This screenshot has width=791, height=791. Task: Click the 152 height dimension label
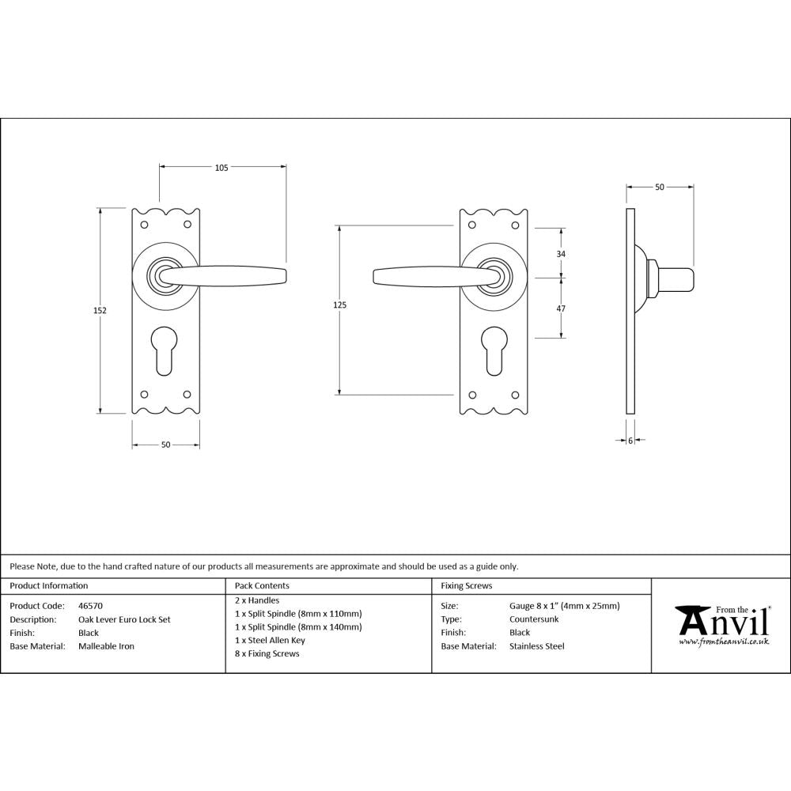100,311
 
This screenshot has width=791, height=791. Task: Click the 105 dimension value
221,168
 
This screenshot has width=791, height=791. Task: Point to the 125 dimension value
340,305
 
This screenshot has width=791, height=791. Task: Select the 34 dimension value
562,254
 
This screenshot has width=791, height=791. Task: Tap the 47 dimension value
562,308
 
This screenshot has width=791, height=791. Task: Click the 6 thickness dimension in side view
630,441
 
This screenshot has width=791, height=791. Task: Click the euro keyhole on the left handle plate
165,348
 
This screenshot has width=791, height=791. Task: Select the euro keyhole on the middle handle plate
494,348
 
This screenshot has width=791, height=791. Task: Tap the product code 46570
91,607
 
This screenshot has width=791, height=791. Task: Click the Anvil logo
721,623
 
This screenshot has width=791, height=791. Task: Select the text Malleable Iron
106,646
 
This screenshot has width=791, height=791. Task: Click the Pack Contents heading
262,586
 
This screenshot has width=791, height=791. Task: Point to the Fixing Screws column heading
467,586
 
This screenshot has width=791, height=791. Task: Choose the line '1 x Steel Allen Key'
270,640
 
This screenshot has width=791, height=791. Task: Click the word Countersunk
534,619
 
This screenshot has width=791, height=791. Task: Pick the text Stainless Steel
537,646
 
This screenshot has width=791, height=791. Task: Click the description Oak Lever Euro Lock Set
124,620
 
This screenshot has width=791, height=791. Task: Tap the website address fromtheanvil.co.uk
724,642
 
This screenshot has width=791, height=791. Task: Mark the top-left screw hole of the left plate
144,225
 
